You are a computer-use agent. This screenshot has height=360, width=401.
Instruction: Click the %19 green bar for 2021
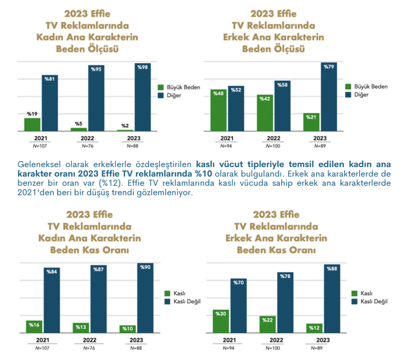pos(32,124)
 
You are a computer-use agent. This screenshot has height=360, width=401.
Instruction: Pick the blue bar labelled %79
pos(328,97)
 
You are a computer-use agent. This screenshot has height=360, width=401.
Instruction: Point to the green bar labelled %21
pos(311,122)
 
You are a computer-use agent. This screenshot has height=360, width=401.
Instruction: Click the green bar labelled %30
pos(221,321)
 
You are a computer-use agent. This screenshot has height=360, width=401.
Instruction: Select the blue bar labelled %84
pos(52,301)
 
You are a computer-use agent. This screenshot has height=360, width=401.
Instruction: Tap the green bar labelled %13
pos(81,327)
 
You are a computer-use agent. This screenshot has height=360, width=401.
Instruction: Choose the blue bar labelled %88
pos(332,299)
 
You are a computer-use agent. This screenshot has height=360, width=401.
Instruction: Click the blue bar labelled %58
pos(282,106)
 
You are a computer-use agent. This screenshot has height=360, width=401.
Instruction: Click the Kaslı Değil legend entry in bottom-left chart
pos(186,301)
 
